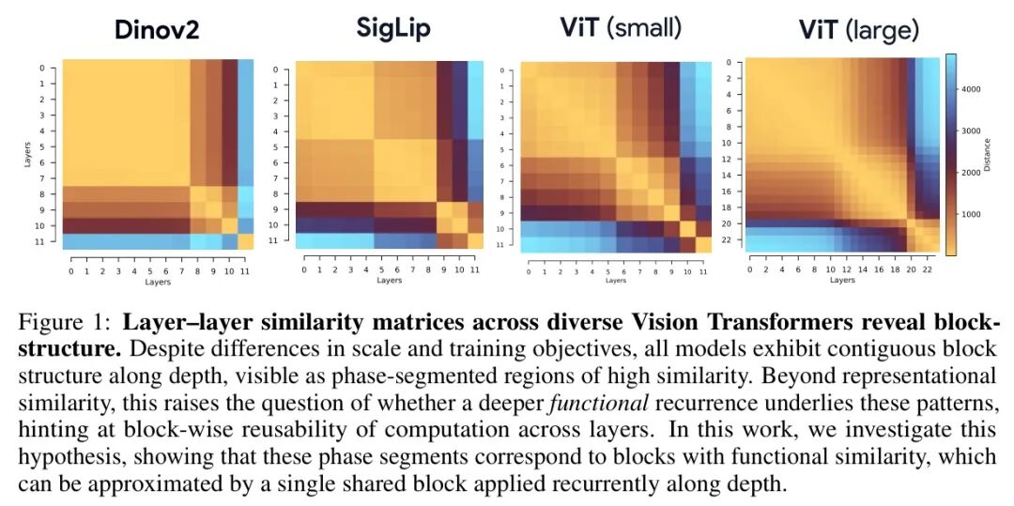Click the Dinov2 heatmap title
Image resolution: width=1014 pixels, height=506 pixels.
coord(156,29)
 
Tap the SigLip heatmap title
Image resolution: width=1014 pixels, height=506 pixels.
coord(392,28)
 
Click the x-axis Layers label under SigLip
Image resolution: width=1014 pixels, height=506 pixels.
coord(390,280)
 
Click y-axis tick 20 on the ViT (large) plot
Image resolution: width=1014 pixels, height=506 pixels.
coord(737,223)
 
